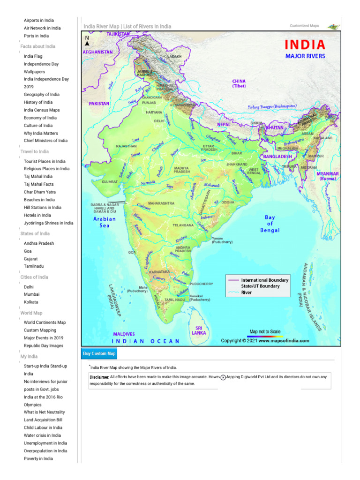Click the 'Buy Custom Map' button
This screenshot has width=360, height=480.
tap(99, 353)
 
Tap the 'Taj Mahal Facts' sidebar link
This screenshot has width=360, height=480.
tap(38, 184)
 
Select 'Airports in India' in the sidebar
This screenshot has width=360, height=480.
tap(38, 20)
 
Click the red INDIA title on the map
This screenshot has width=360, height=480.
tap(305, 45)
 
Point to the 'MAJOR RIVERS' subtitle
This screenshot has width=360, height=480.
tap(305, 56)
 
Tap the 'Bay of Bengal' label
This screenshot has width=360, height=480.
tap(270, 224)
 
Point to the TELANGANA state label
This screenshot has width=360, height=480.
tap(183, 225)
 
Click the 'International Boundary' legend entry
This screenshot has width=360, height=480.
tap(265, 280)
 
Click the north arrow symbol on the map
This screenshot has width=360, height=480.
tap(87, 43)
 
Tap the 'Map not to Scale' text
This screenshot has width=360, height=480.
tap(265, 331)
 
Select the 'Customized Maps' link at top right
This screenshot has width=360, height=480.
tap(304, 26)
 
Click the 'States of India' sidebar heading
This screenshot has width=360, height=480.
tap(35, 233)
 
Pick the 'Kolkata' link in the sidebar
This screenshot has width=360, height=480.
tap(31, 302)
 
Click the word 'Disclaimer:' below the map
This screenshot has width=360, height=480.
tap(99, 377)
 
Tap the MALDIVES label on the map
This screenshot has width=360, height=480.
tap(124, 334)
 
